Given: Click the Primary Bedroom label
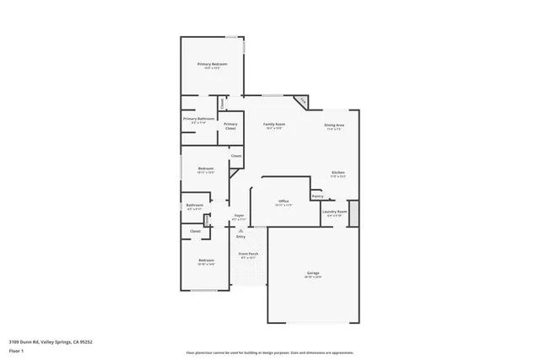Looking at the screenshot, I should pyautogui.click(x=213, y=64).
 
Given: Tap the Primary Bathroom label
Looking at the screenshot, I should pyautogui.click(x=199, y=119).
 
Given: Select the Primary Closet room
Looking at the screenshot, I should pyautogui.click(x=230, y=126).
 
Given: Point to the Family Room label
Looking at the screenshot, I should pyautogui.click(x=274, y=124).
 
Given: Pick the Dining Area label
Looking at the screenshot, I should pyautogui.click(x=334, y=126).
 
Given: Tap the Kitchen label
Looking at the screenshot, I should pyautogui.click(x=337, y=172).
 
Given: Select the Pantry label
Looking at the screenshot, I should pyautogui.click(x=317, y=196).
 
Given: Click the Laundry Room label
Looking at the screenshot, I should pyautogui.click(x=335, y=212).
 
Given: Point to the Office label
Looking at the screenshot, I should pyautogui.click(x=283, y=201).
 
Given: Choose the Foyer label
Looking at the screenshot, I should pyautogui.click(x=239, y=215).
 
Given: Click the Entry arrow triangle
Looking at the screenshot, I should pyautogui.click(x=240, y=230).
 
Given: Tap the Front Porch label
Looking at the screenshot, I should pyautogui.click(x=248, y=254).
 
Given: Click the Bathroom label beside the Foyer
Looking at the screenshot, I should pyautogui.click(x=195, y=205).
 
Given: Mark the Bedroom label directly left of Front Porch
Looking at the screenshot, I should pyautogui.click(x=206, y=261).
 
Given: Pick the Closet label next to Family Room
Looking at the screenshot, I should pyautogui.click(x=237, y=156).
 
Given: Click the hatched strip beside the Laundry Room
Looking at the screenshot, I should pyautogui.click(x=354, y=212).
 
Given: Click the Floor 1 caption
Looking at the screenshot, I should pyautogui.click(x=16, y=350).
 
